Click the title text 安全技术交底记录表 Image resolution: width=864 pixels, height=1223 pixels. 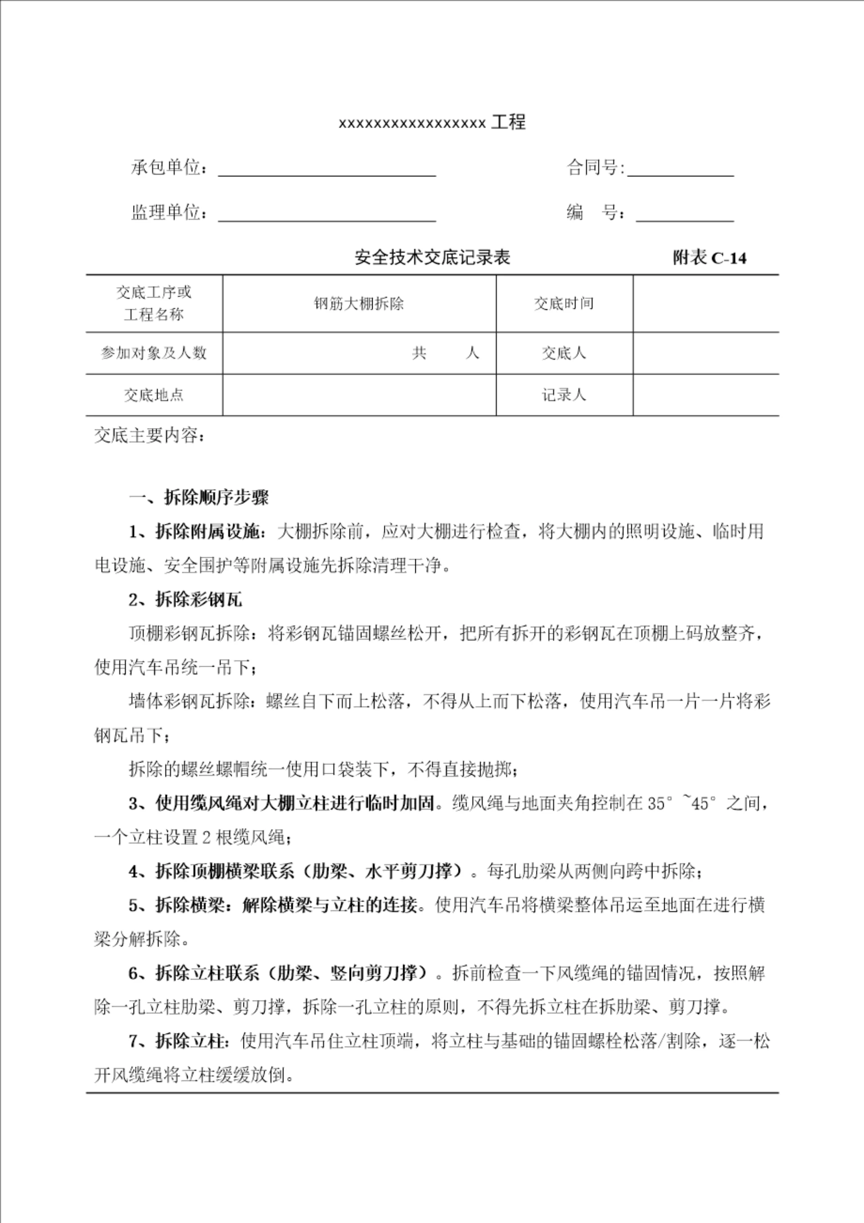432,258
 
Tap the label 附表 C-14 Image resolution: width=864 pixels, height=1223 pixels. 709,258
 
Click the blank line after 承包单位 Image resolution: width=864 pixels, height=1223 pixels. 327,169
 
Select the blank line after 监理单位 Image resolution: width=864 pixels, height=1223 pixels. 327,214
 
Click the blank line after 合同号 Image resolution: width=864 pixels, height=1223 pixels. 680,169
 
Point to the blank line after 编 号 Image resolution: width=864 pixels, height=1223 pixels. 684,214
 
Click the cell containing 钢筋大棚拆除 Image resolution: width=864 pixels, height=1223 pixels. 359,304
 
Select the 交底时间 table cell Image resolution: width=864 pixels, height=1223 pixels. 564,304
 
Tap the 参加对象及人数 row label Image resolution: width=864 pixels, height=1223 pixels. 154,352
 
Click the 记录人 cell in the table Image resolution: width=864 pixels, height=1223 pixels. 564,395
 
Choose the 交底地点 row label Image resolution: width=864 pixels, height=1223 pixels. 154,395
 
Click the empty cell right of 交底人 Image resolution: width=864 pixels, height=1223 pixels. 705,352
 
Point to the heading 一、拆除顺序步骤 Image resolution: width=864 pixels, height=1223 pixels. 199,497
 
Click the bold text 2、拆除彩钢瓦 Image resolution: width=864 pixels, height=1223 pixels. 185,600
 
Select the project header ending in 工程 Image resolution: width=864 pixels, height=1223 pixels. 432,123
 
